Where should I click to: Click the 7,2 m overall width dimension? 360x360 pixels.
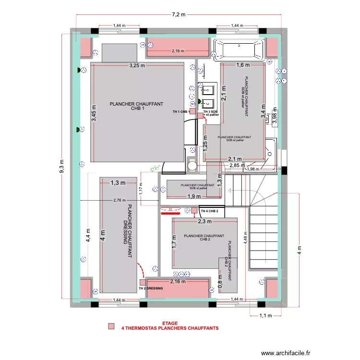tap(180, 14)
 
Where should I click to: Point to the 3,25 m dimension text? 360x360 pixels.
tap(136, 66)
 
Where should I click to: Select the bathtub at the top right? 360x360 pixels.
tap(239, 49)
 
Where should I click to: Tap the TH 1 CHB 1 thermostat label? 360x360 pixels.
tap(180, 112)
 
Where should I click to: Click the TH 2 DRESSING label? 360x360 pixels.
tap(150, 288)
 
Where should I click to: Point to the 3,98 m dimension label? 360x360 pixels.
tap(275, 116)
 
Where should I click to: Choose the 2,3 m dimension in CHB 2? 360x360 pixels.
tap(205, 221)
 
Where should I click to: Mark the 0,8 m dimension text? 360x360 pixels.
tap(220, 280)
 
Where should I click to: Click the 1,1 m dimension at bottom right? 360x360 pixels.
tap(265, 316)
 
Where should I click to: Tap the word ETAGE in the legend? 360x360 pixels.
tap(170, 324)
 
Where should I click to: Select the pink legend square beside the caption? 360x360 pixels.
tap(111, 326)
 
